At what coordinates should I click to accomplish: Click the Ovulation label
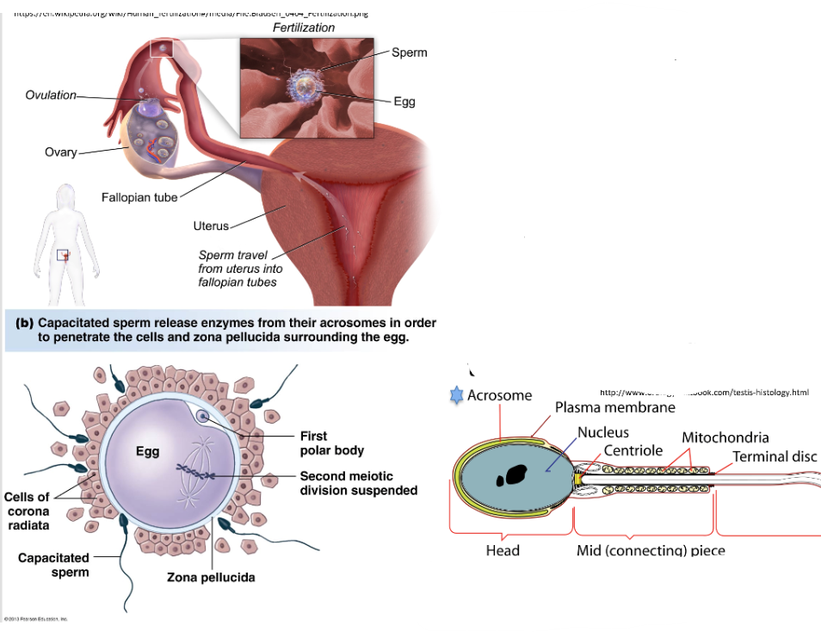click(51, 95)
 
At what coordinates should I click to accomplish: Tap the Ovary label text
click(60, 152)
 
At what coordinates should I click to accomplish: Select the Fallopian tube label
click(139, 197)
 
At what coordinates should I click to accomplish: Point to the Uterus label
click(211, 226)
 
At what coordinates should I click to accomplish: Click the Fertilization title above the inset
click(304, 28)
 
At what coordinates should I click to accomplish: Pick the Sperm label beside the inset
click(409, 53)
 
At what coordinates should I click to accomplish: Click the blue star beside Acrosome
click(456, 395)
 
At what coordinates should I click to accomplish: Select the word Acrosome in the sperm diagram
click(499, 396)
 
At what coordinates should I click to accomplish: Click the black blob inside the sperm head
click(515, 474)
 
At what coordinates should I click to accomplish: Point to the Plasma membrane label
click(614, 407)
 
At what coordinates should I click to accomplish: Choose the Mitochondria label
click(725, 437)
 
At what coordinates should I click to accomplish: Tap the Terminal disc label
click(774, 456)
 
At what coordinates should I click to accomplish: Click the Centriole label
click(633, 450)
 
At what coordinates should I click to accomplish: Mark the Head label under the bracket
click(503, 550)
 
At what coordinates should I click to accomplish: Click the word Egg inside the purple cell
click(147, 451)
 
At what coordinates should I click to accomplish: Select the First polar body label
click(331, 443)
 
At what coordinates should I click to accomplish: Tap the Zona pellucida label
click(211, 577)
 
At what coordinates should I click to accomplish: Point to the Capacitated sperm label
click(53, 565)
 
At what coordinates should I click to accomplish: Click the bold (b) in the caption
click(24, 324)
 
